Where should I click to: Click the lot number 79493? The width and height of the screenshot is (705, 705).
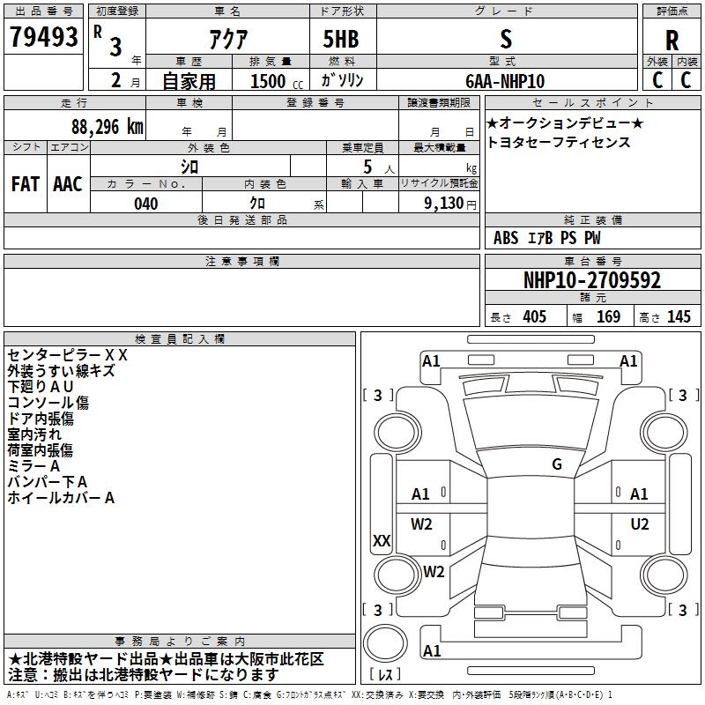43,36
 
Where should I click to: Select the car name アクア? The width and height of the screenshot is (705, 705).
228,39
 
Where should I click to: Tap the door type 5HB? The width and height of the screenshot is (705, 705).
341,39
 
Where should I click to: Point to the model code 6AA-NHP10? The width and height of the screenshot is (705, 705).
505,81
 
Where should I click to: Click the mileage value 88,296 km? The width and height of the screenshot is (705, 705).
108,127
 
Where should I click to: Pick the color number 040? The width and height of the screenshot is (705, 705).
146,204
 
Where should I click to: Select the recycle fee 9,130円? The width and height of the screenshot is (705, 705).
450,204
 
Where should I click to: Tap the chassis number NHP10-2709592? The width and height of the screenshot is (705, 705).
592,280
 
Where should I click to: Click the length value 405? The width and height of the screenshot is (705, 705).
535,316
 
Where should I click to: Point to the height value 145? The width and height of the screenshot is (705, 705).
679,316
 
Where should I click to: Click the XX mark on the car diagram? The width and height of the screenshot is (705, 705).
382,540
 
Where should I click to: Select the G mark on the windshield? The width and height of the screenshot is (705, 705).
557,464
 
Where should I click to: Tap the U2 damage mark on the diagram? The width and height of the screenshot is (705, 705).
640,523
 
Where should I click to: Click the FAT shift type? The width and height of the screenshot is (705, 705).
26,184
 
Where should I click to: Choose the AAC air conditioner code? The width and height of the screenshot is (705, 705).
68,184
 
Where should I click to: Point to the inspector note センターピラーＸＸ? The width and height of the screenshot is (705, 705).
68,355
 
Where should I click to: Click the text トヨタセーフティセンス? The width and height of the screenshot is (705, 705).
559,142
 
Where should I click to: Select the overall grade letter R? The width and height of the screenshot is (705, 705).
672,41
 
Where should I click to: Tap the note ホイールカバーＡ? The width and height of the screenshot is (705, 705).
61,498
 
